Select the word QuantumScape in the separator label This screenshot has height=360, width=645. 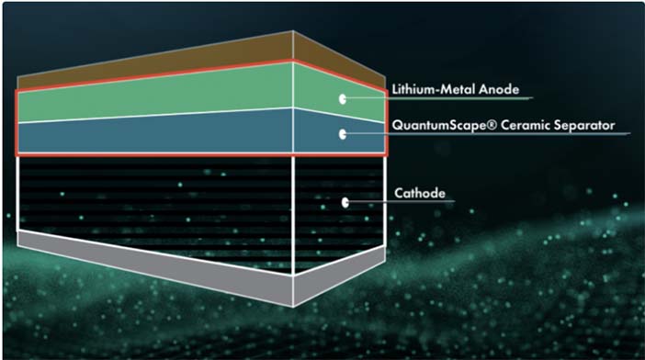click(439, 125)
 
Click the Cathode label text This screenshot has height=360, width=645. click(420, 193)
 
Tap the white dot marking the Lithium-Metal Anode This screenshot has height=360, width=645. click(342, 98)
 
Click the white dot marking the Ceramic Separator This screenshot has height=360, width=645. click(342, 134)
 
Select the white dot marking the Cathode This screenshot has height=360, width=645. click(345, 202)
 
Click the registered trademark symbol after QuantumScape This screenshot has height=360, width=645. click(492, 125)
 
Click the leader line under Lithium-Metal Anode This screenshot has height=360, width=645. click(438, 98)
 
